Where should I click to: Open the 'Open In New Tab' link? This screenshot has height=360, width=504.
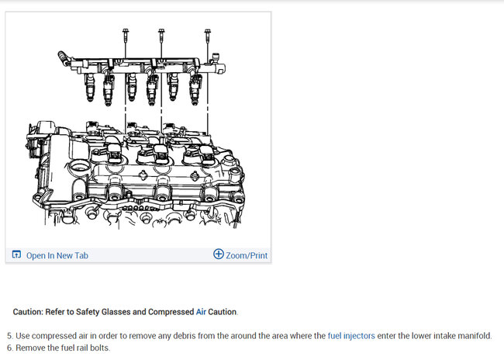tap(57, 255)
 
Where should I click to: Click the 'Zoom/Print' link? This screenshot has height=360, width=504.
tap(247, 255)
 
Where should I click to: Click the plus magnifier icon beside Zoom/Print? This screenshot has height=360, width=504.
tap(218, 254)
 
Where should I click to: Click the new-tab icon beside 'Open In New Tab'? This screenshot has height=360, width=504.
tap(16, 255)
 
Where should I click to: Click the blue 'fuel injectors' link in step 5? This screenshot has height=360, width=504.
tap(351, 336)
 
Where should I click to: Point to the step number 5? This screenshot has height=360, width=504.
tap(9, 336)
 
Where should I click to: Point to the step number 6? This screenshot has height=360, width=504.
tap(9, 348)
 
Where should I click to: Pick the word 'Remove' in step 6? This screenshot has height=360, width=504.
tap(31, 348)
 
